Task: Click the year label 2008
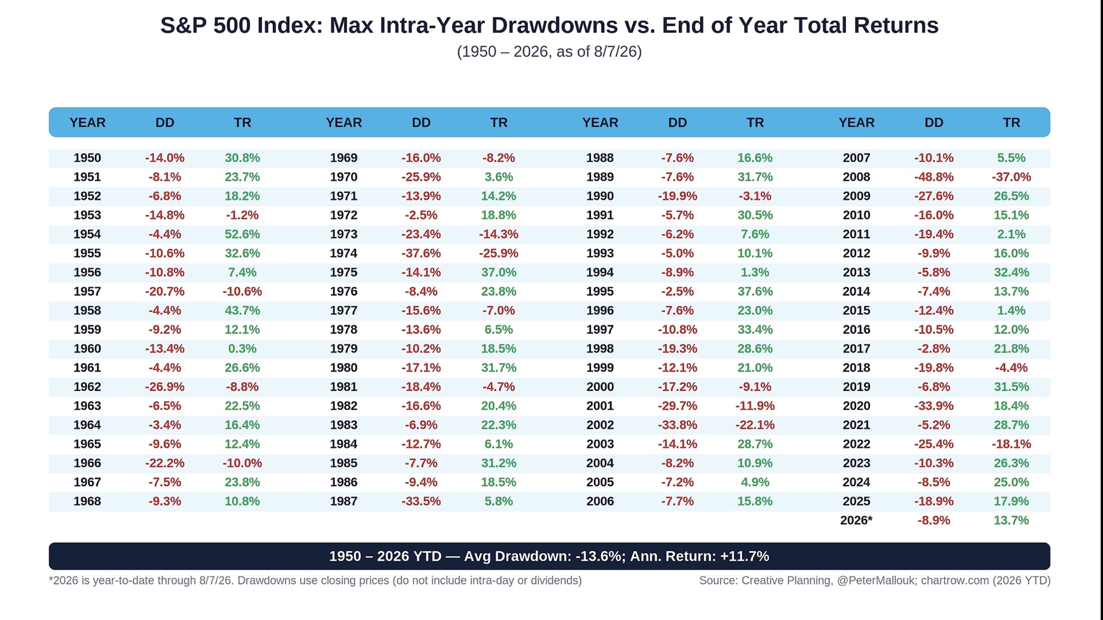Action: click(x=856, y=177)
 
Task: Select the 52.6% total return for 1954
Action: click(x=242, y=234)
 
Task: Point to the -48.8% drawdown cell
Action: click(x=933, y=177)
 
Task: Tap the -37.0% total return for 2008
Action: click(x=1011, y=177)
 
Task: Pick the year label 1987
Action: click(x=343, y=501)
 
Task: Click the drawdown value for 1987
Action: click(x=421, y=501)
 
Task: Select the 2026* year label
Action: click(x=856, y=520)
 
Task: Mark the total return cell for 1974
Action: click(x=498, y=253)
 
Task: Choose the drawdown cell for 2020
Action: click(x=933, y=406)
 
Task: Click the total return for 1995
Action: click(x=754, y=292)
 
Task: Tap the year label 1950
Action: click(x=87, y=158)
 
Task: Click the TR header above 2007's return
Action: click(x=1011, y=123)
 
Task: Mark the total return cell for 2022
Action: click(x=1011, y=444)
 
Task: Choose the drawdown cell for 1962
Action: click(x=164, y=387)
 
